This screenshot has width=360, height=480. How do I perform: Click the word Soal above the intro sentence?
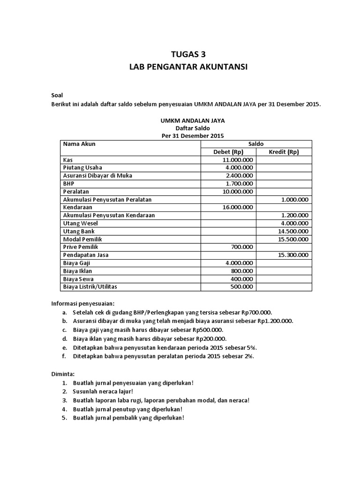[x=57, y=96]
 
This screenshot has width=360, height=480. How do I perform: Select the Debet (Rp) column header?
[x=228, y=152]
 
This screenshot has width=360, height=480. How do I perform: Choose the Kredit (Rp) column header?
[x=284, y=152]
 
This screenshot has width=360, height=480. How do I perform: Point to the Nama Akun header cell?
[x=79, y=144]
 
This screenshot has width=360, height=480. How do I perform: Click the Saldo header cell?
[x=256, y=144]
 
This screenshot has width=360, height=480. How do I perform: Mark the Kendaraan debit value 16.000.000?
[x=238, y=207]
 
